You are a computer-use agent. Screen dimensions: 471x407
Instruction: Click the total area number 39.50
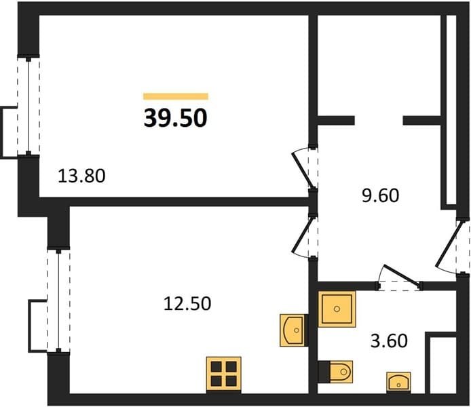click(175, 118)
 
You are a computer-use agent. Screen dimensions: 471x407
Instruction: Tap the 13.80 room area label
click(81, 176)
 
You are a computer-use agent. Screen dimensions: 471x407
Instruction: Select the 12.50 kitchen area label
click(187, 303)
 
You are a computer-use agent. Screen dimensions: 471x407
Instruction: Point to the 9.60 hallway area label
click(380, 195)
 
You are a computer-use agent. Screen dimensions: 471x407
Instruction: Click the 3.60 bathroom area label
click(389, 341)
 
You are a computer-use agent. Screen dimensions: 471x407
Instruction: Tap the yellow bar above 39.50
click(176, 96)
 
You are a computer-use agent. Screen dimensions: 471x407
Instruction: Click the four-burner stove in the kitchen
click(224, 374)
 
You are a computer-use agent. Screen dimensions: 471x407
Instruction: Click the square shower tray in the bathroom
click(337, 309)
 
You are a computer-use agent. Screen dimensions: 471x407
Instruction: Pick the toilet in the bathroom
click(335, 372)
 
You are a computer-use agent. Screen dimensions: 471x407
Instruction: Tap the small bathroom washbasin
click(398, 382)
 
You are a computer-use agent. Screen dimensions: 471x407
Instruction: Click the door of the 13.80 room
click(303, 168)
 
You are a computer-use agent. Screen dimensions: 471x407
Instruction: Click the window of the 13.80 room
click(29, 106)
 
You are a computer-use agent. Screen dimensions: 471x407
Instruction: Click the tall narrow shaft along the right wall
click(451, 110)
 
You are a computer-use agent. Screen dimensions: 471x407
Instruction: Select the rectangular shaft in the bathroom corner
click(443, 364)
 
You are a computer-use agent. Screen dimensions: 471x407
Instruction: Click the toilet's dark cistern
click(324, 372)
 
